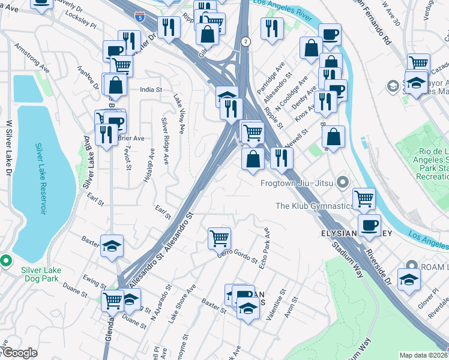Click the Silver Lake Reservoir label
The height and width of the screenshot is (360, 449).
[x=40, y=178]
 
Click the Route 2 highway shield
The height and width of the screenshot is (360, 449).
[x=246, y=41]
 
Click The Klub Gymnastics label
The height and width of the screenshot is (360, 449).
[x=314, y=206]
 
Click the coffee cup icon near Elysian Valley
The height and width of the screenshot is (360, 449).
[x=369, y=225]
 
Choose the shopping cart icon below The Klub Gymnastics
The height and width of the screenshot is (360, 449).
[x=364, y=198]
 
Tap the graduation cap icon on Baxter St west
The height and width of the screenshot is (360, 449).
[x=112, y=246]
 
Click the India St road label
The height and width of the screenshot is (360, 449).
[x=151, y=90]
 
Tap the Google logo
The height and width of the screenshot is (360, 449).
[x=19, y=352]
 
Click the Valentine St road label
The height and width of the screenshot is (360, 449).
[x=274, y=313]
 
